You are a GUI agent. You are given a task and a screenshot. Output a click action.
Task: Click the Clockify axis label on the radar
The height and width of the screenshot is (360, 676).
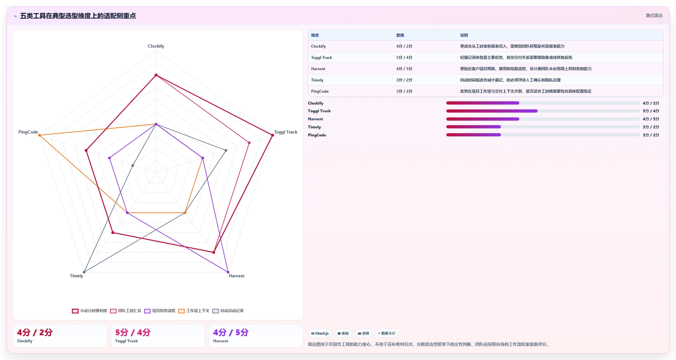pos(156,46)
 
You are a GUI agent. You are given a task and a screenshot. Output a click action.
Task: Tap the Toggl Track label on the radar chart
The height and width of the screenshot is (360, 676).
pos(285,132)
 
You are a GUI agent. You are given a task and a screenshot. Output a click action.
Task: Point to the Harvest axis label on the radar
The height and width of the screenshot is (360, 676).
pos(236,276)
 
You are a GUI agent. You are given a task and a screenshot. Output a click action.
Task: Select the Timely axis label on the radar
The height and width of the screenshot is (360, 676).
pos(76,276)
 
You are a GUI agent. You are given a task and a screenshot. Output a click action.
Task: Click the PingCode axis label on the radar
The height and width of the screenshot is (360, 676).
pos(28,132)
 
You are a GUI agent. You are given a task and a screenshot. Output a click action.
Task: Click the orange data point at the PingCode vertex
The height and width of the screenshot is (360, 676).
pos(40,135)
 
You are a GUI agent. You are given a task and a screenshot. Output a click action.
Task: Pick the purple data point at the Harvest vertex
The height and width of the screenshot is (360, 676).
pos(228,272)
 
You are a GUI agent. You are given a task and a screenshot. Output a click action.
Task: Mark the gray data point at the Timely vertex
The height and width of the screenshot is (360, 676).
pos(84,272)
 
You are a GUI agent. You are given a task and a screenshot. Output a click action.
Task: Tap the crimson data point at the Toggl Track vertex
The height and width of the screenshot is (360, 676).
pos(273,135)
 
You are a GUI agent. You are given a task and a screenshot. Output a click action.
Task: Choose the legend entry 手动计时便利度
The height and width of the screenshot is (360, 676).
pos(90,311)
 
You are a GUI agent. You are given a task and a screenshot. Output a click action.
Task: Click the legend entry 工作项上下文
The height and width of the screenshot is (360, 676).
pos(194,311)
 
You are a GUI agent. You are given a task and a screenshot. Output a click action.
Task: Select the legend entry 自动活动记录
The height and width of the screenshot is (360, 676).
pos(228,311)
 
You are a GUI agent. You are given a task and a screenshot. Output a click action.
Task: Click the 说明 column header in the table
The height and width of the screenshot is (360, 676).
pos(464,35)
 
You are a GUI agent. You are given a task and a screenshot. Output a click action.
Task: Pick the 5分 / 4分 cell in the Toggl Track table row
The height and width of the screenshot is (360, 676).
pos(404,58)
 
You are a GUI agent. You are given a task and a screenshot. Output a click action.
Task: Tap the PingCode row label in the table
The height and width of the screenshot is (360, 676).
pos(320,91)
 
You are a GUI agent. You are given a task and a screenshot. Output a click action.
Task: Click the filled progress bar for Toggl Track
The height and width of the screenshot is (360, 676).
pos(492,111)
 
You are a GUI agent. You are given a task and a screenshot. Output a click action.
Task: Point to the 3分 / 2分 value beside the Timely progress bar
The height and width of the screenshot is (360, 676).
pos(651,127)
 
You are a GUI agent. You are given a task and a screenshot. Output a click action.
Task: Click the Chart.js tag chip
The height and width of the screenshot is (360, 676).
pos(320,333)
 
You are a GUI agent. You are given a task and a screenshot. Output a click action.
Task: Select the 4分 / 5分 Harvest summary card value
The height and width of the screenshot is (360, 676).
pos(231,332)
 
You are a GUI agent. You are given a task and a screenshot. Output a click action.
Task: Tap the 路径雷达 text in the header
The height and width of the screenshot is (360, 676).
pos(654,15)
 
